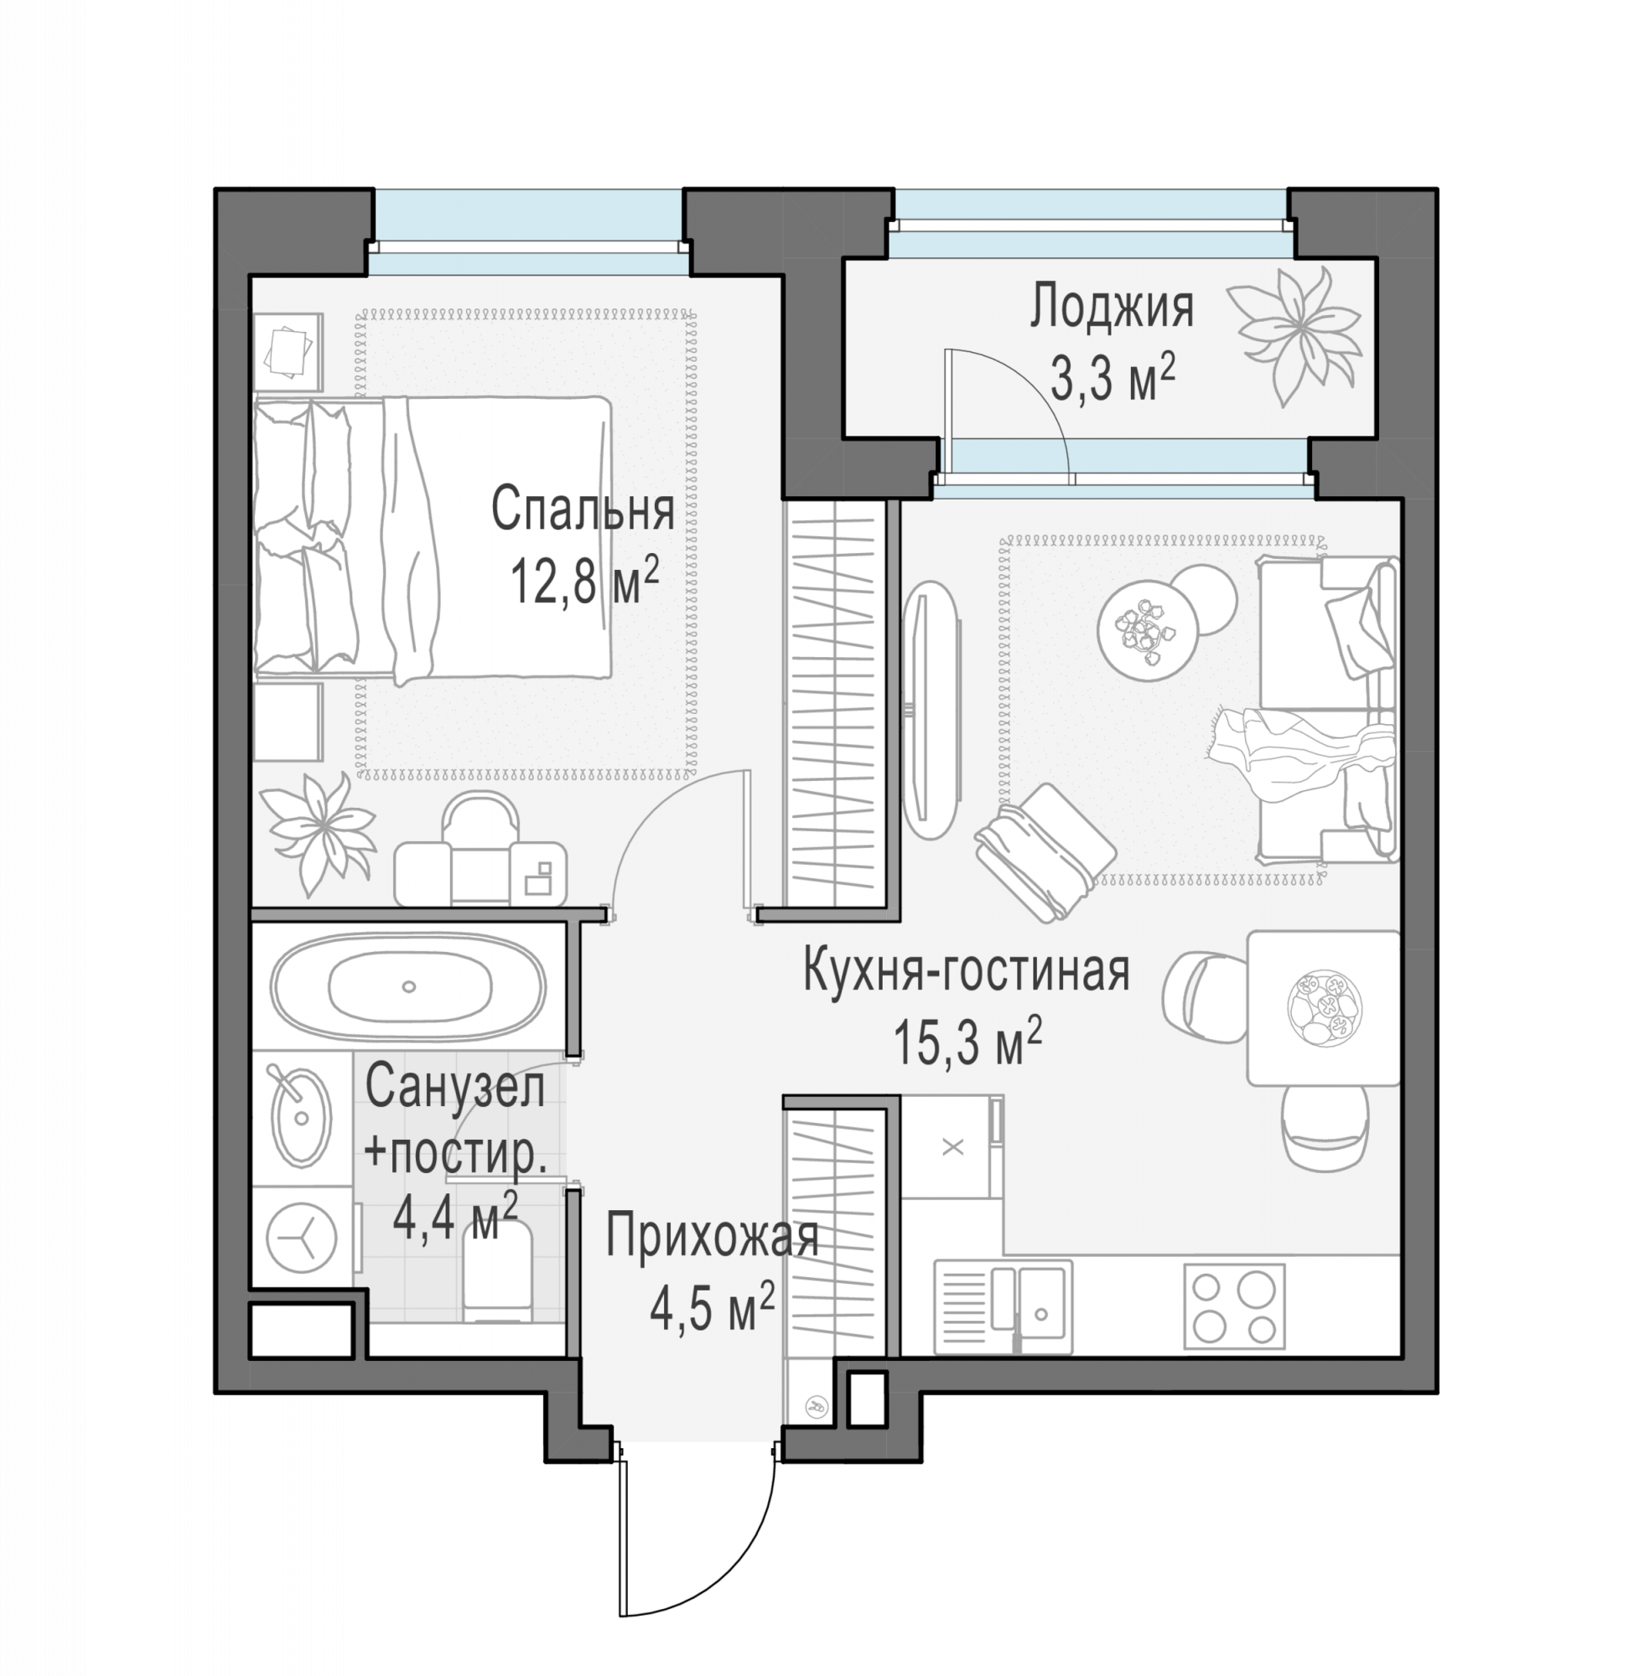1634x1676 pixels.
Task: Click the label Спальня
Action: coord(582,509)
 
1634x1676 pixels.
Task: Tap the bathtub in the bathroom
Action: coord(407,986)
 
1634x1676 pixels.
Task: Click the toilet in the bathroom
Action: coord(497,1272)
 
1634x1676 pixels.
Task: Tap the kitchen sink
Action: coord(1003,1306)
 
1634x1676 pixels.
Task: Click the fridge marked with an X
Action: coord(952,1146)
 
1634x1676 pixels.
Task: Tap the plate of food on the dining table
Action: coord(1324,1007)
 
